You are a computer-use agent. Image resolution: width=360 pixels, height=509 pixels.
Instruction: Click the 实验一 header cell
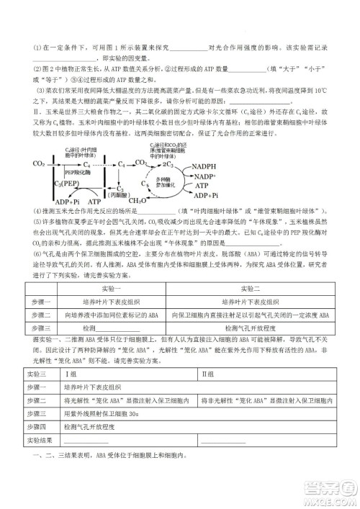click(107, 289)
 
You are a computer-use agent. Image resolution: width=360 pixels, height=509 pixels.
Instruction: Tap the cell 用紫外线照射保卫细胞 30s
click(101, 413)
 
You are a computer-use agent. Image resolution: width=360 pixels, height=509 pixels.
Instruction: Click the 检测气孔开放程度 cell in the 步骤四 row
click(94, 427)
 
